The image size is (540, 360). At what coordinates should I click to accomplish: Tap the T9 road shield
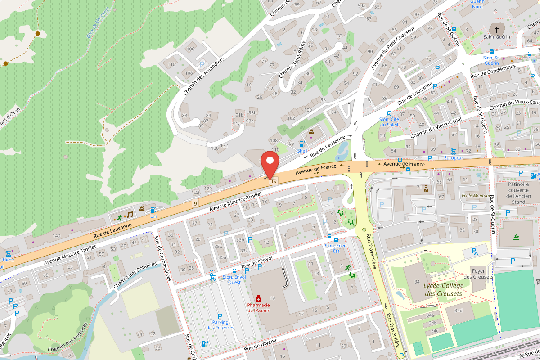point(274,181)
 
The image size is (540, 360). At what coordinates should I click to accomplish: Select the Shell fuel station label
point(302,151)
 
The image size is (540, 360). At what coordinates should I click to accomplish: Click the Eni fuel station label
point(153,216)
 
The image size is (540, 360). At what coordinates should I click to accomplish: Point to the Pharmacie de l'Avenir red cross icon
point(258,298)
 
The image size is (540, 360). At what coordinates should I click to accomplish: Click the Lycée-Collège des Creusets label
point(443,290)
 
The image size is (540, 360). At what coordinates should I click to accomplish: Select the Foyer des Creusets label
point(478,274)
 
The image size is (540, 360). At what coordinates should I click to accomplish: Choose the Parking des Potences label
point(220,324)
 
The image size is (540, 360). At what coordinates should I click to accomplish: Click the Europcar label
point(453,158)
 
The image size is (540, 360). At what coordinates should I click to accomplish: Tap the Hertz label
point(8,260)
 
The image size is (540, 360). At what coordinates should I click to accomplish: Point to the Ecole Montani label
point(476,196)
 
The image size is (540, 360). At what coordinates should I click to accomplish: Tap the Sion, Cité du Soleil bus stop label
point(389,121)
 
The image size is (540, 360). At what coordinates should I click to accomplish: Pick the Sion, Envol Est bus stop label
point(336,248)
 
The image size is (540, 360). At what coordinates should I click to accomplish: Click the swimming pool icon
point(516,237)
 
